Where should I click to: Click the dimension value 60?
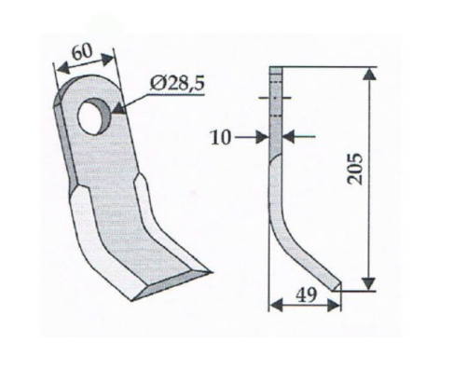82,52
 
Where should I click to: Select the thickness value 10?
221,137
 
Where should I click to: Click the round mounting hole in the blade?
94,116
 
